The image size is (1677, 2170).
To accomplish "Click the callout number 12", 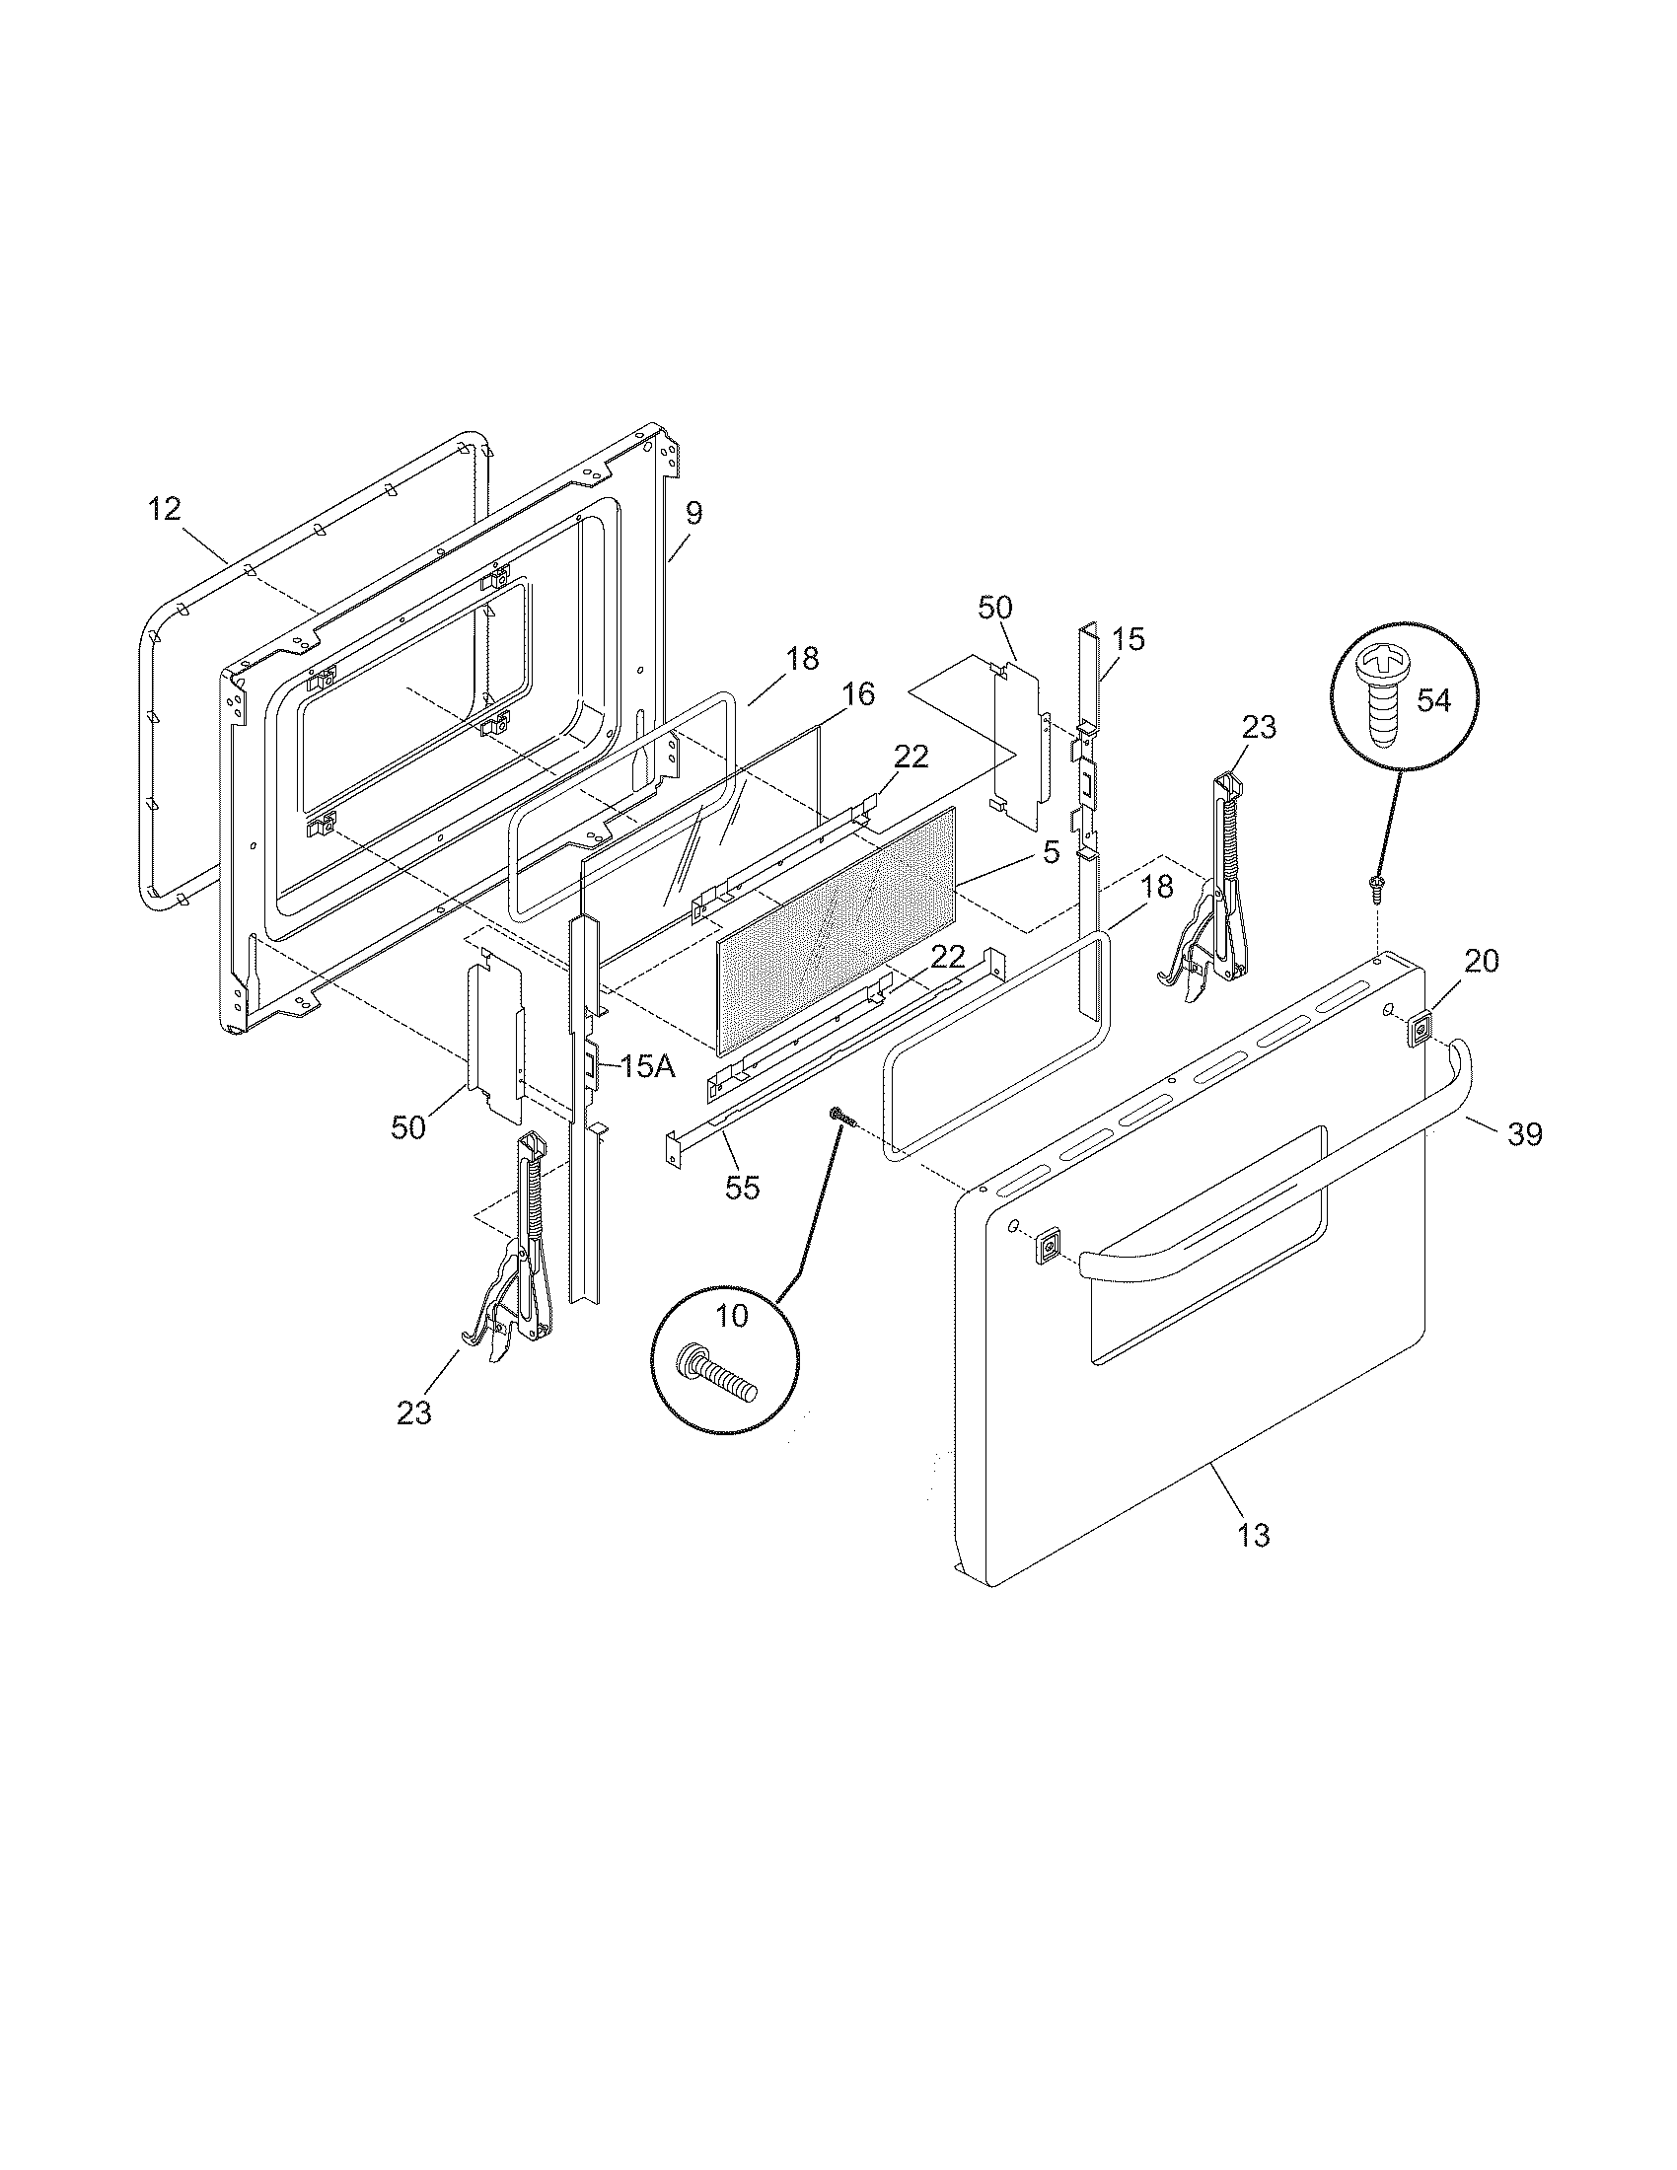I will (165, 510).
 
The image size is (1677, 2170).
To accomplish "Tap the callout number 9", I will (693, 514).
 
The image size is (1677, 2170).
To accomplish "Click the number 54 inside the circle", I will (1432, 700).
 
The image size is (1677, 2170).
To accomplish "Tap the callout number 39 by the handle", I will (1524, 1133).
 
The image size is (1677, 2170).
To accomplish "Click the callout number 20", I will (1482, 961).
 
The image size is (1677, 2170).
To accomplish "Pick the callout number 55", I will (742, 1188).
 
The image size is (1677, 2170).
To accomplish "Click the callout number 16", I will (859, 694).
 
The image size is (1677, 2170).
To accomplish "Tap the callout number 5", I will (1052, 851).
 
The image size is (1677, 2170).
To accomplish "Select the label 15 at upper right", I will (1128, 639).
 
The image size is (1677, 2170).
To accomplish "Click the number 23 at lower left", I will (414, 1412).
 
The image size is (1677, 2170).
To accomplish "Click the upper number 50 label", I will (995, 608).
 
